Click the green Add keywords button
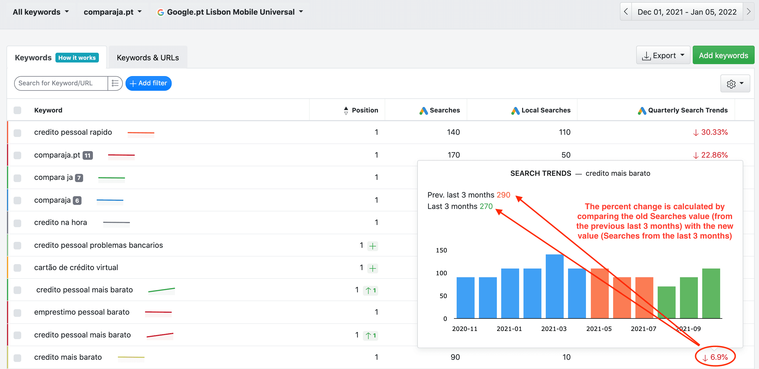[723, 55]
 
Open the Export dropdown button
[663, 55]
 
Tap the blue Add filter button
[149, 83]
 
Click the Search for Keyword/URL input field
[61, 83]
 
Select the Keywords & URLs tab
[148, 58]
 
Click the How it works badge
[77, 58]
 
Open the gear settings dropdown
[735, 84]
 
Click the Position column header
[365, 110]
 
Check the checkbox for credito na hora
[17, 223]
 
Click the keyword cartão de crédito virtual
[76, 267]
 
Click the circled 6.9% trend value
[715, 357]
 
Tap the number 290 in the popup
[503, 195]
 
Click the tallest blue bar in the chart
[554, 286]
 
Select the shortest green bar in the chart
[666, 302]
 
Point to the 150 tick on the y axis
[441, 250]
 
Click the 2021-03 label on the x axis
[554, 329]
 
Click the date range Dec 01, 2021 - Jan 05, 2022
[687, 12]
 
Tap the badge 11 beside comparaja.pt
[87, 155]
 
